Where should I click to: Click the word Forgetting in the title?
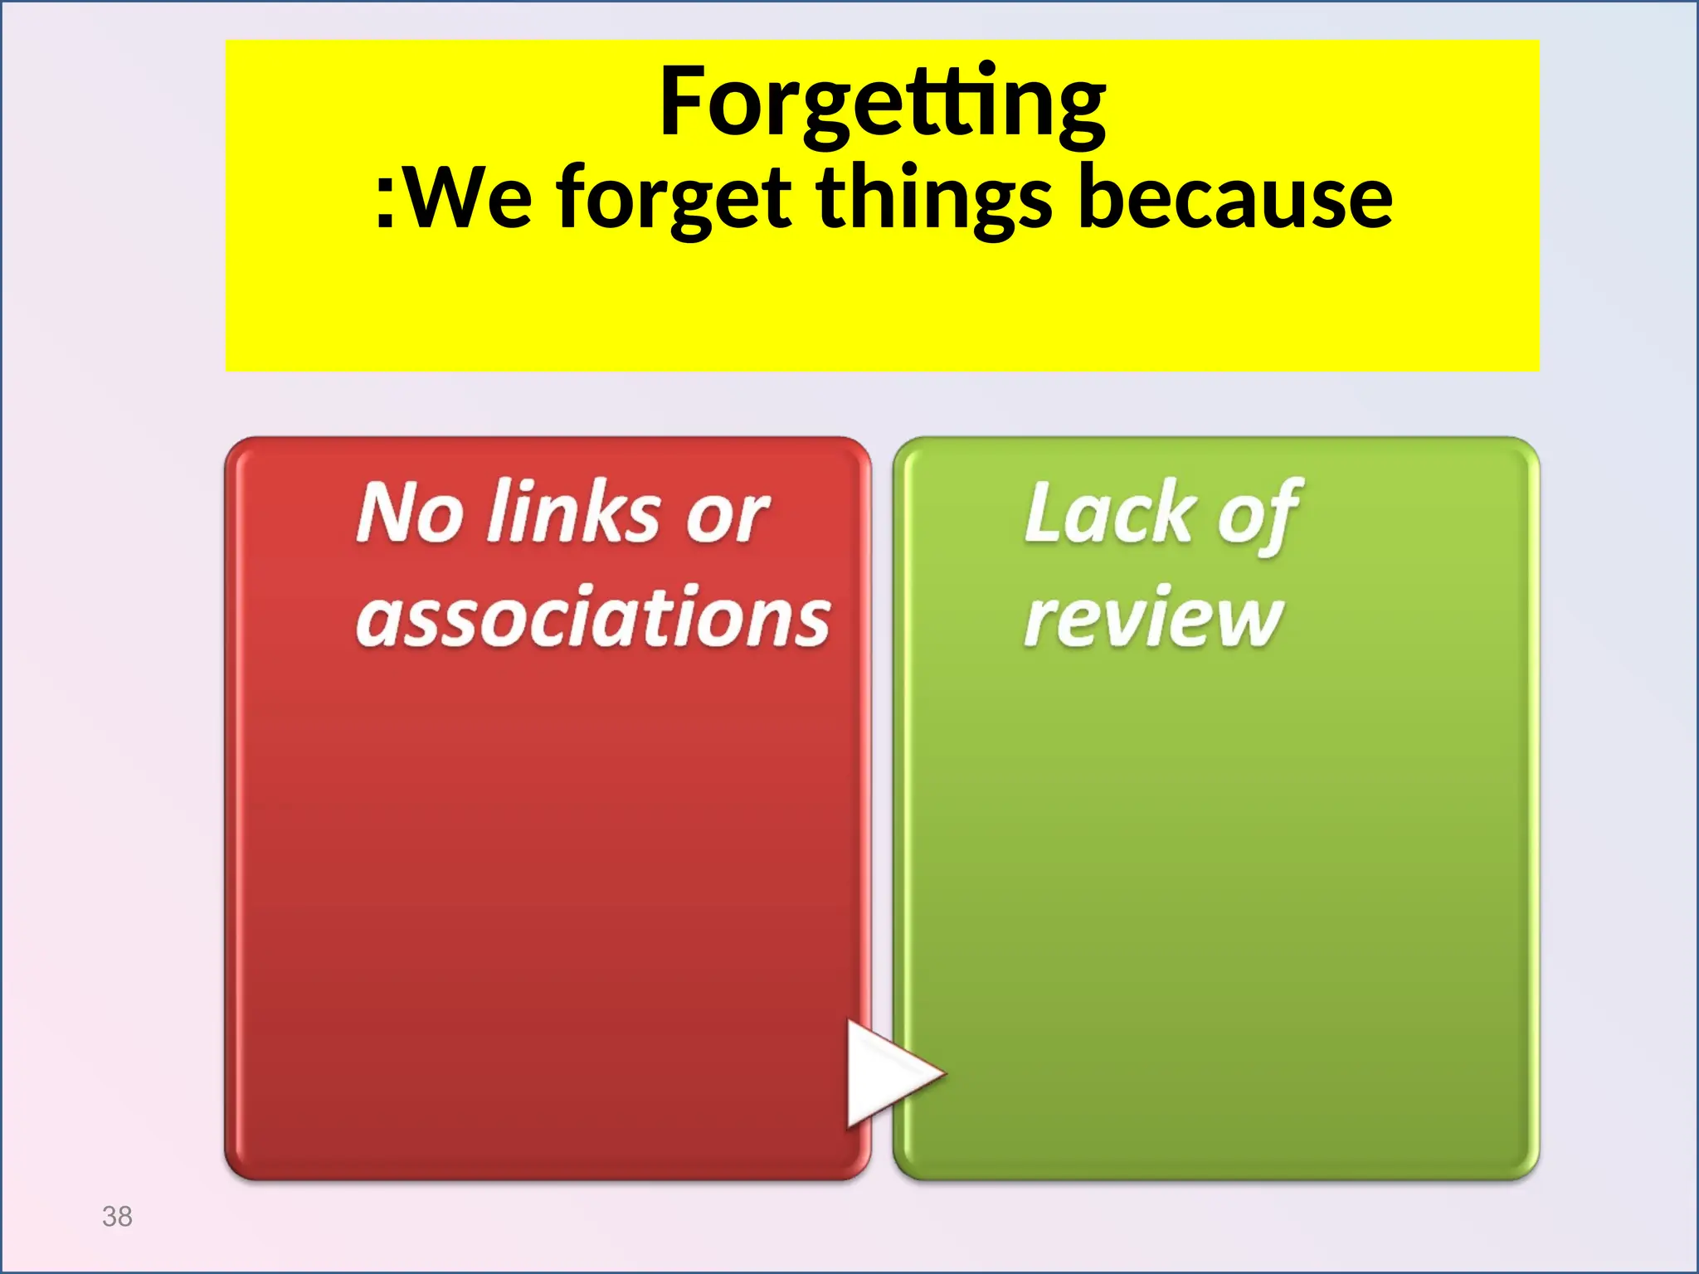tap(882, 103)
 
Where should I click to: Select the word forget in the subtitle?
tap(673, 199)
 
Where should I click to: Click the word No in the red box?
tap(408, 513)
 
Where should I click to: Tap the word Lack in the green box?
tap(1109, 513)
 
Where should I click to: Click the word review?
tap(1153, 617)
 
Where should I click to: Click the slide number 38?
tap(117, 1217)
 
